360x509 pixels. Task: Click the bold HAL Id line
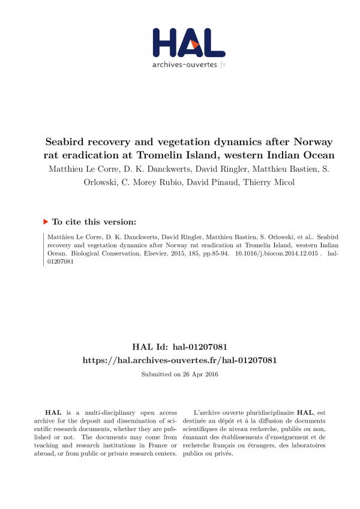[x=179, y=348]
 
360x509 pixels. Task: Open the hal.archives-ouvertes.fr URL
[x=179, y=360]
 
